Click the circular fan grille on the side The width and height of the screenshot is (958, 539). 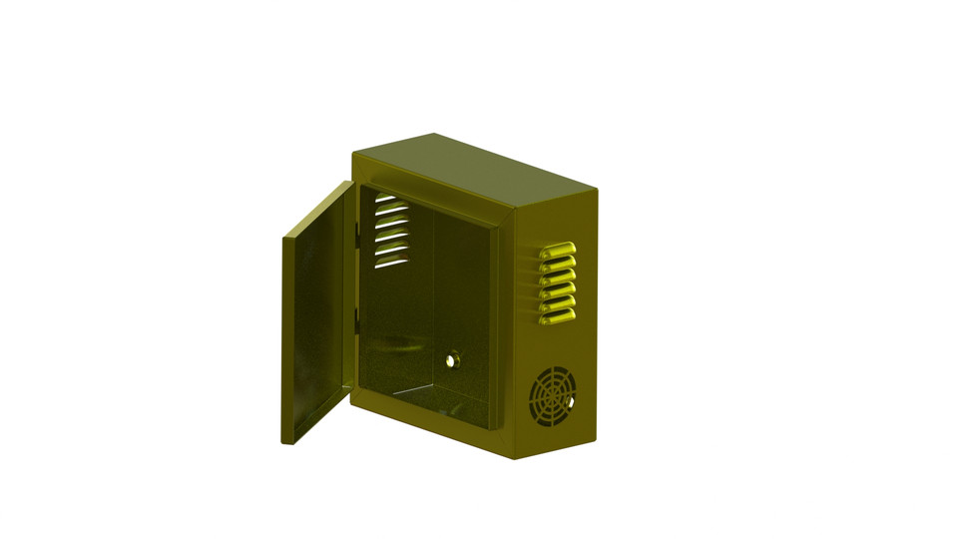[552, 397]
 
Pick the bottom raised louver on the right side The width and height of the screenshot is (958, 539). [557, 317]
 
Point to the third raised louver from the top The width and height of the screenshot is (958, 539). [558, 277]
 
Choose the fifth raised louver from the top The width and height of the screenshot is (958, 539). [558, 304]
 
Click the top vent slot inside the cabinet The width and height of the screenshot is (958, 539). [385, 199]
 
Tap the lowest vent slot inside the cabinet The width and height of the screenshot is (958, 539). [390, 263]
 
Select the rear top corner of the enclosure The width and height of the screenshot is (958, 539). [596, 189]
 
